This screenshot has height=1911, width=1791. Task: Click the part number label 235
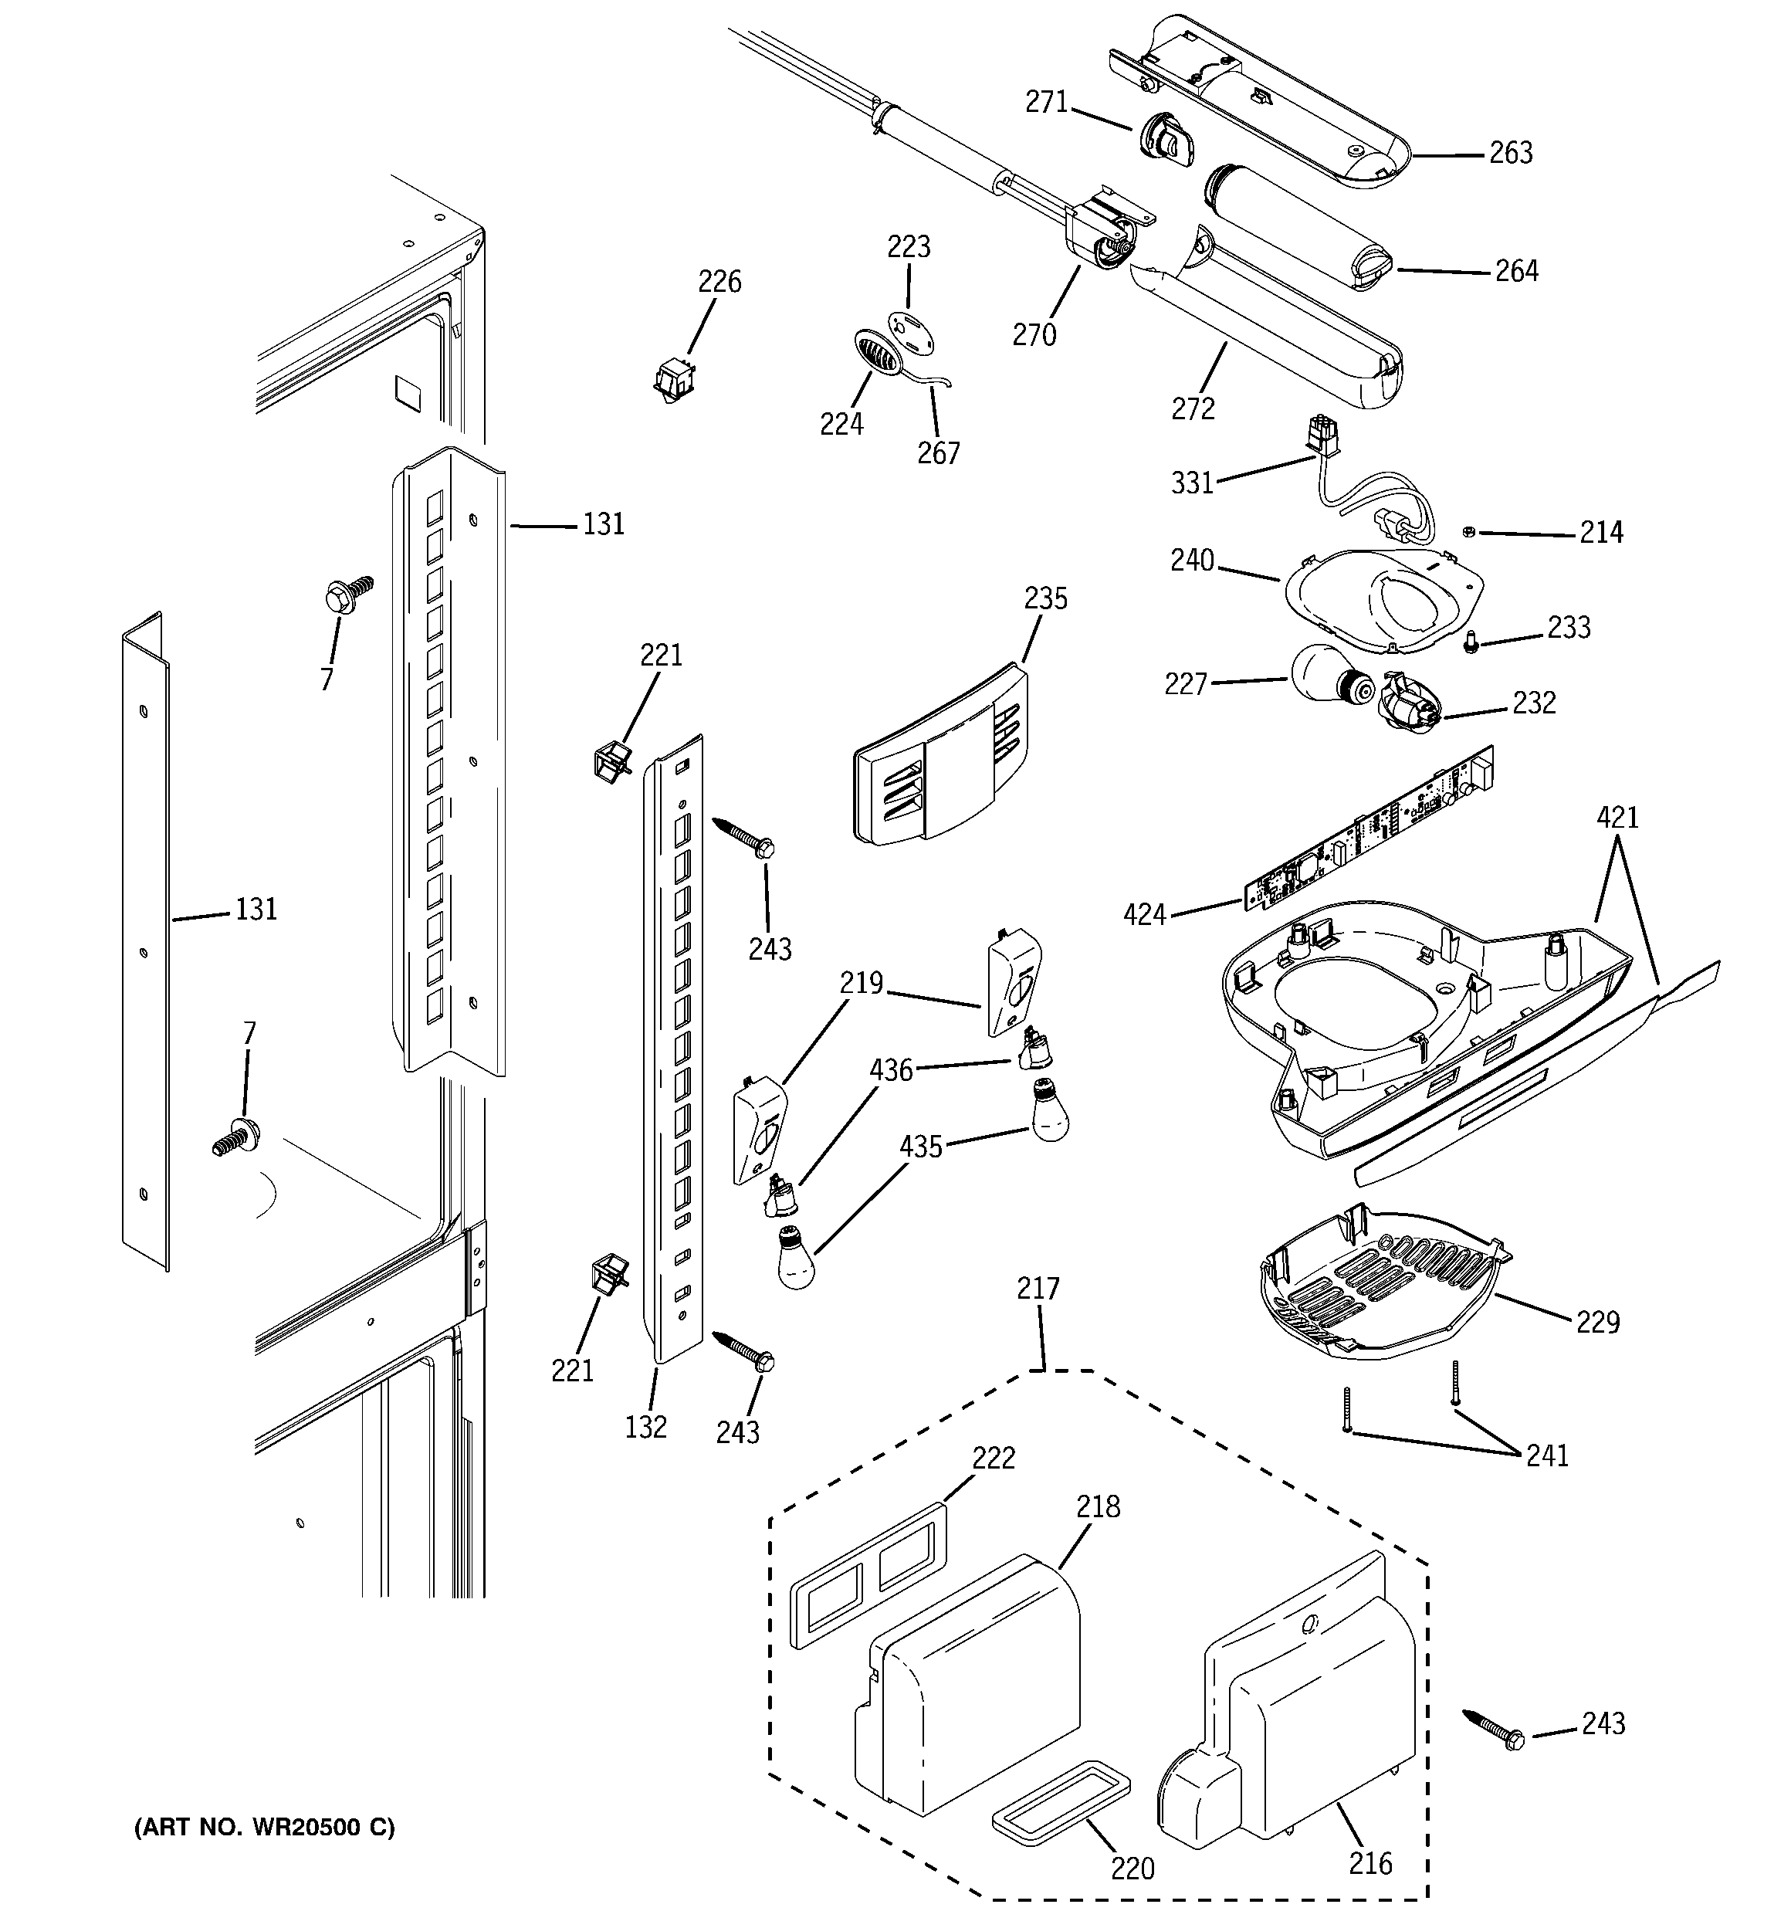pyautogui.click(x=1045, y=599)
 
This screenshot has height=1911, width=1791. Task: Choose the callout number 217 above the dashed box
pyautogui.click(x=1038, y=1288)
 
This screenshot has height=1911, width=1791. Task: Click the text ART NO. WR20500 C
pyautogui.click(x=264, y=1826)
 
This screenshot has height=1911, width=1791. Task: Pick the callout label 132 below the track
pyautogui.click(x=645, y=1428)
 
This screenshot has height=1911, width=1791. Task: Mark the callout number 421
pyautogui.click(x=1617, y=818)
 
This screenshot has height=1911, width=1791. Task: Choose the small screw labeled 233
pyautogui.click(x=1470, y=644)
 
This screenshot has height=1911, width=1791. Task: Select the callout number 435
pyautogui.click(x=920, y=1147)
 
